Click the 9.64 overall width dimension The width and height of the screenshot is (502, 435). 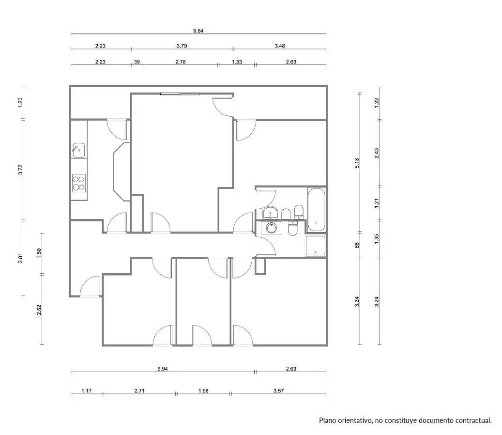(x=198, y=31)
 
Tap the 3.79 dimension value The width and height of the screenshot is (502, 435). (x=182, y=46)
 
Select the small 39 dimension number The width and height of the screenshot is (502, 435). (x=137, y=62)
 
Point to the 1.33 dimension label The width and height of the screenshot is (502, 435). (x=237, y=62)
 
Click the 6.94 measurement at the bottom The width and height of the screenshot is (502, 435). (x=163, y=369)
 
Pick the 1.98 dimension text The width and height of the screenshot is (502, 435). (x=204, y=391)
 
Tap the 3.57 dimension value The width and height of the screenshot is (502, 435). (x=278, y=391)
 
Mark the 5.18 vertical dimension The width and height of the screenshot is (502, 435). (x=357, y=163)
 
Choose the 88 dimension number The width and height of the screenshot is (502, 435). (x=357, y=245)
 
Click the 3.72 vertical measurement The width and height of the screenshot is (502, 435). (x=20, y=170)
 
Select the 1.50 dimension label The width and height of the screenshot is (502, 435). (x=39, y=253)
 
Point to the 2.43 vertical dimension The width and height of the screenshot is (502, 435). (x=377, y=153)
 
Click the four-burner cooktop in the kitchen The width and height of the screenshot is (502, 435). (x=79, y=183)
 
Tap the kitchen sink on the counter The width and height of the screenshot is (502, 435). (x=78, y=150)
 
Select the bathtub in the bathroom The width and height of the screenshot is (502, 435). (x=316, y=209)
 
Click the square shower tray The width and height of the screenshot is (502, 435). (x=316, y=246)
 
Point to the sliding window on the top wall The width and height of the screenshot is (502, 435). (x=180, y=94)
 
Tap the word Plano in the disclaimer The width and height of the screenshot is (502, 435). (x=327, y=420)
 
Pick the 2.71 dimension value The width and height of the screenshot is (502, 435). (x=139, y=391)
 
